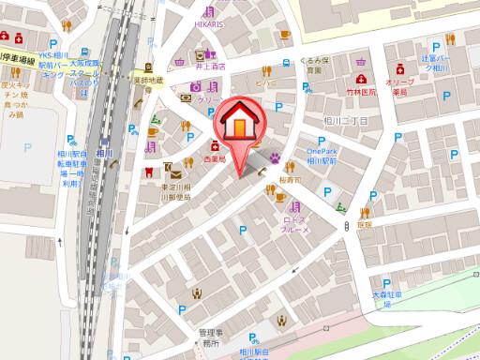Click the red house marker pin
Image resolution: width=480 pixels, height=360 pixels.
tap(239, 127)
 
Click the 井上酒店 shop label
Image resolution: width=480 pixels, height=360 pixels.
tap(200, 67)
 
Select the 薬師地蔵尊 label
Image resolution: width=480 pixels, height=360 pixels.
tap(147, 85)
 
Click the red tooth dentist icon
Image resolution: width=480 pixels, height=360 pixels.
tap(147, 172)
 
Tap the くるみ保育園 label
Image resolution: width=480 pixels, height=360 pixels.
tap(314, 66)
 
